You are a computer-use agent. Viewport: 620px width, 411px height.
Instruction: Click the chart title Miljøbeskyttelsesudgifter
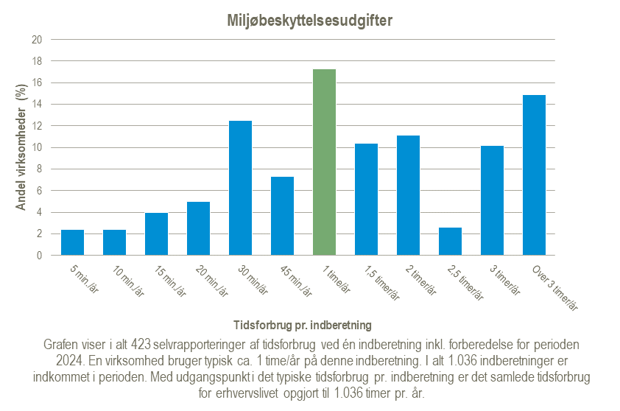309,20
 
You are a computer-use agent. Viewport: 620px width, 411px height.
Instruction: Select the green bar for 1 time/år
324,162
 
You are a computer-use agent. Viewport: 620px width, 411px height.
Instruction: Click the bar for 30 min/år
240,188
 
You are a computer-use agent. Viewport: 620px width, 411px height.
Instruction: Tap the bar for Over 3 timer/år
534,175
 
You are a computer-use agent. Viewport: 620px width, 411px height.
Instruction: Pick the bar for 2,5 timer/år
450,242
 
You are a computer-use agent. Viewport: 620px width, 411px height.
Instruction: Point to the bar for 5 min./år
72,243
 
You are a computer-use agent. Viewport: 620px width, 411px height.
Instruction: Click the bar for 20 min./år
198,228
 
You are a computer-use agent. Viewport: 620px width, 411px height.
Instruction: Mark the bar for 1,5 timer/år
366,200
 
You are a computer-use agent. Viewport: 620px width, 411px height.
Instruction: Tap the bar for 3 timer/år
492,200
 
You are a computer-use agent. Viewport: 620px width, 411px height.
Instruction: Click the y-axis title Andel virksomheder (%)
21,147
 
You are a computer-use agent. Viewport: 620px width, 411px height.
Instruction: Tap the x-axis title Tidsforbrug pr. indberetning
302,324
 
